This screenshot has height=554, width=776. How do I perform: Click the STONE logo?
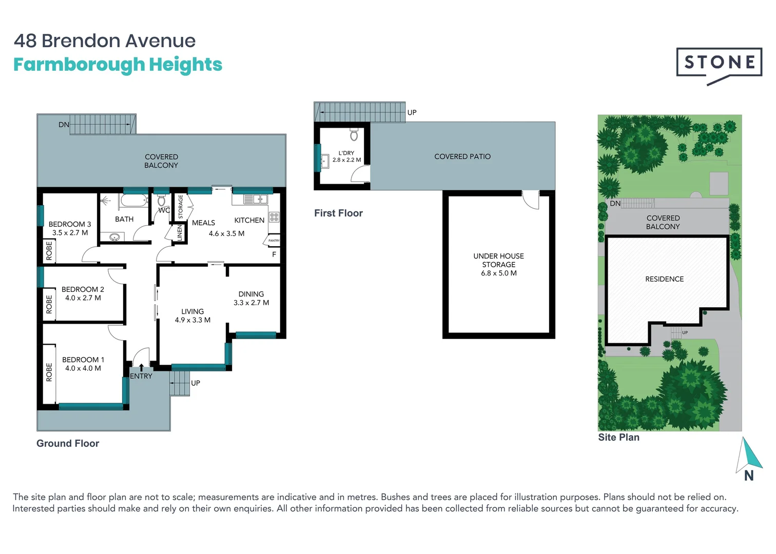pyautogui.click(x=719, y=63)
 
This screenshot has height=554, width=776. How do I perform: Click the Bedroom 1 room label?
pyautogui.click(x=83, y=360)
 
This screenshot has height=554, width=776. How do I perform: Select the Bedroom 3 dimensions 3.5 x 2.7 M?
pyautogui.click(x=70, y=233)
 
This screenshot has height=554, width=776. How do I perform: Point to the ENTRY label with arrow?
pyautogui.click(x=141, y=376)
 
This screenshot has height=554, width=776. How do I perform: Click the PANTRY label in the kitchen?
pyautogui.click(x=274, y=241)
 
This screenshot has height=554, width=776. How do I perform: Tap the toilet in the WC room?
pyautogui.click(x=162, y=201)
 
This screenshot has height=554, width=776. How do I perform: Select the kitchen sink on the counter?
pyautogui.click(x=255, y=199)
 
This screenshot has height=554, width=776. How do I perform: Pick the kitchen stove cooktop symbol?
pyautogui.click(x=274, y=217)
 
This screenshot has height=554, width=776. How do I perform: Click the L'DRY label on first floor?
pyautogui.click(x=346, y=153)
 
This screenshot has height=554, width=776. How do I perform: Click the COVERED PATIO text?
pyautogui.click(x=462, y=156)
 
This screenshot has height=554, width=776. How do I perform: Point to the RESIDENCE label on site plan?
pyautogui.click(x=664, y=279)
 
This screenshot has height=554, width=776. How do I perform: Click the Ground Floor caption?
pyautogui.click(x=68, y=443)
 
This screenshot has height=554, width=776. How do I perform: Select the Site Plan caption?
pyautogui.click(x=618, y=437)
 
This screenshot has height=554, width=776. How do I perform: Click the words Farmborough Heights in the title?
pyautogui.click(x=118, y=65)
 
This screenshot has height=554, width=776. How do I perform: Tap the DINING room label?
pyautogui.click(x=251, y=294)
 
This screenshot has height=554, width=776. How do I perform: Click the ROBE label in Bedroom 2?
pyautogui.click(x=49, y=304)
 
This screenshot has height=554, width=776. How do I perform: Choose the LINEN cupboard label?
pyautogui.click(x=180, y=233)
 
